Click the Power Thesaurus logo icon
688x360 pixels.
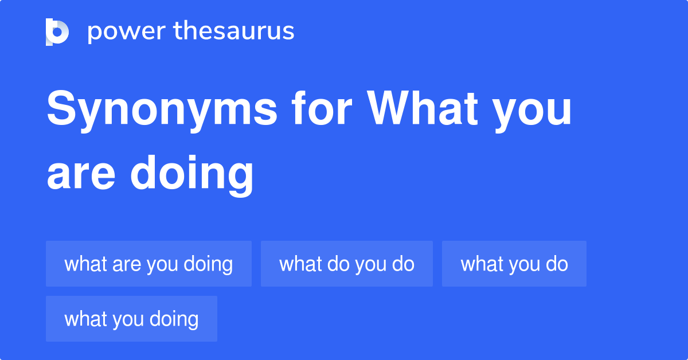[x=57, y=32]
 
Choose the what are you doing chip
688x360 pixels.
[x=148, y=264]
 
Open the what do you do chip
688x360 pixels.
[x=346, y=264]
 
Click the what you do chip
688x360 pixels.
[x=514, y=264]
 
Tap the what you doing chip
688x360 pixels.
[x=131, y=319]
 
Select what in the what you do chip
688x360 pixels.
[x=482, y=264]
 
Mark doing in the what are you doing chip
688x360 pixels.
[x=208, y=264]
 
